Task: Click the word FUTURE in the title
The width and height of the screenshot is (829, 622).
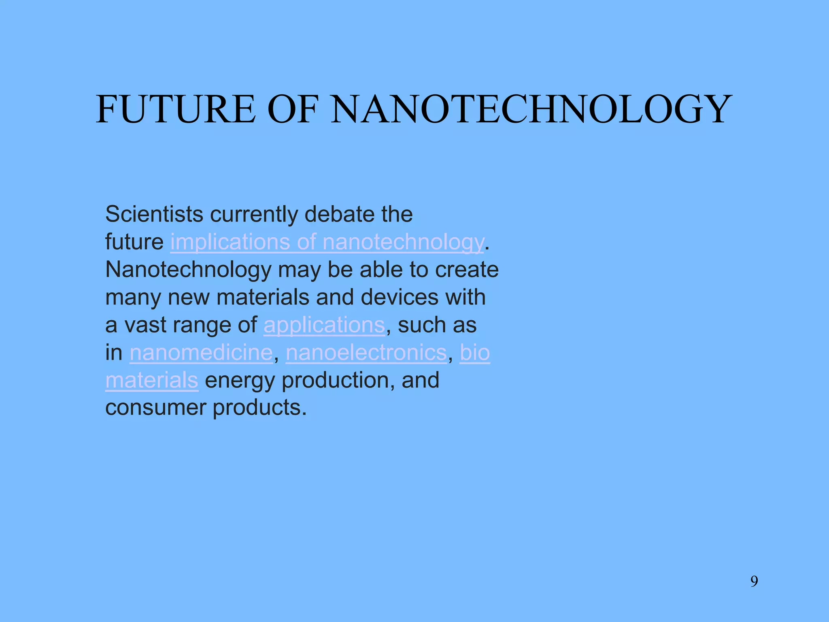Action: [176, 109]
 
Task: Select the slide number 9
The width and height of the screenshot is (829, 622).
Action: [754, 582]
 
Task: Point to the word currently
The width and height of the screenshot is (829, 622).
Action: [253, 215]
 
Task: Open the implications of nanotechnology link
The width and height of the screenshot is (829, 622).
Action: [327, 242]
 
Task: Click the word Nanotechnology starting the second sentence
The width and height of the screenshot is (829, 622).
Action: [188, 270]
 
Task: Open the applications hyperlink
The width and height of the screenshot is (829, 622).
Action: [324, 326]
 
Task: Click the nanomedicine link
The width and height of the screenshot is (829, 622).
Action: [201, 353]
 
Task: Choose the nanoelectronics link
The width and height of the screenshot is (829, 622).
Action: [366, 353]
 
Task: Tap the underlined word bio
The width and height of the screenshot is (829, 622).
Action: [475, 353]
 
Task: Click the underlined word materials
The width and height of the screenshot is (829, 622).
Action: [152, 380]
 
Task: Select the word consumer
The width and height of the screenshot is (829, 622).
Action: [156, 408]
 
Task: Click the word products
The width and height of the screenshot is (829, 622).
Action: [259, 408]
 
